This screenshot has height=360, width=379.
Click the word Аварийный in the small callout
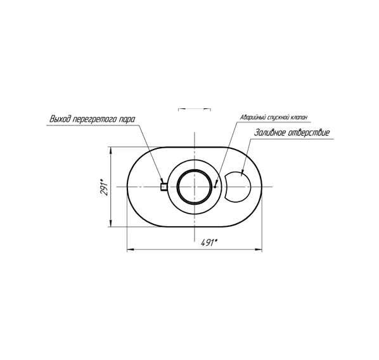coord(253,117)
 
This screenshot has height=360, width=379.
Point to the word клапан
coord(299,117)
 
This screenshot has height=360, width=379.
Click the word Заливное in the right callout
coord(269,132)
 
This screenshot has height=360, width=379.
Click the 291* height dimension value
coord(105,187)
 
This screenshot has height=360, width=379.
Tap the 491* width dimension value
coord(209,243)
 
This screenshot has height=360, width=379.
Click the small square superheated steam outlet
coord(164,186)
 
